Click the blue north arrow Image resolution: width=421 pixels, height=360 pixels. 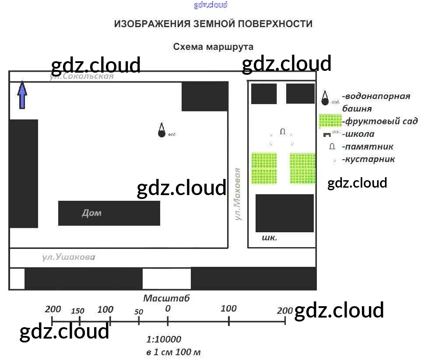point(22,94)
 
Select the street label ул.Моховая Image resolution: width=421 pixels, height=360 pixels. point(238,194)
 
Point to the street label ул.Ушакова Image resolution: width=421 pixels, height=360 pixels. point(69,257)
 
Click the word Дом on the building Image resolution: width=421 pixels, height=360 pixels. point(91,213)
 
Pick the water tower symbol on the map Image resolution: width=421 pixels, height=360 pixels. point(161,130)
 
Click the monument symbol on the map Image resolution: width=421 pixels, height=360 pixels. point(282,131)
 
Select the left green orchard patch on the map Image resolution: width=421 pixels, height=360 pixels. point(264,168)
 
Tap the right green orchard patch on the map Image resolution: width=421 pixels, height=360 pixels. point(302,168)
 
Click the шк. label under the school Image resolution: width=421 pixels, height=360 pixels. point(269,238)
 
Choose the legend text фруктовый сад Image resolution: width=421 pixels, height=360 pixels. point(381,121)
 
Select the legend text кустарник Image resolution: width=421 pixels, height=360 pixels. point(369,159)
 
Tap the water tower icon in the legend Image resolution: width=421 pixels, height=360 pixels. point(325,98)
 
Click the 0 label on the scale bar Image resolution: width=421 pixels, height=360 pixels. point(168,308)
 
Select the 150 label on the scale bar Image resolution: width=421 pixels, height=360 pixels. point(77,311)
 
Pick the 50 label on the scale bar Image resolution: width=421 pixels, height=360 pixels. point(139,312)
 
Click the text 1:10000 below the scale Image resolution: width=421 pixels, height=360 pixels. point(164,339)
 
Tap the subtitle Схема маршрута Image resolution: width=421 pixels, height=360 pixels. point(213,47)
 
